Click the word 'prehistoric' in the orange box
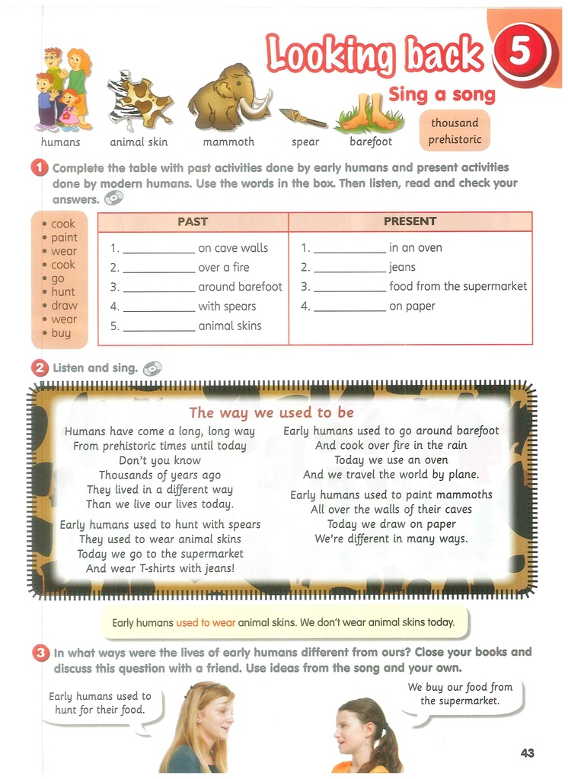coord(455,139)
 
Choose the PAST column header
coord(193,221)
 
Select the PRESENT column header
coord(410,221)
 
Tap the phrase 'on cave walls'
coord(233,247)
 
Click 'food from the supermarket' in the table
coord(458,287)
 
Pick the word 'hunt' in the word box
coord(63,292)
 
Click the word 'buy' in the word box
coord(61,333)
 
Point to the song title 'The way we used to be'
coord(271,412)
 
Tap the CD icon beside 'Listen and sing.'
coord(152,368)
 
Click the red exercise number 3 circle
coord(40,653)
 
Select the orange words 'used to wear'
coord(206,622)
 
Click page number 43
coord(527,753)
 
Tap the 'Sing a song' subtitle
coord(442,95)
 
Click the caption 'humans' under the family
coord(60,142)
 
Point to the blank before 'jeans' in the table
coord(349,268)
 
